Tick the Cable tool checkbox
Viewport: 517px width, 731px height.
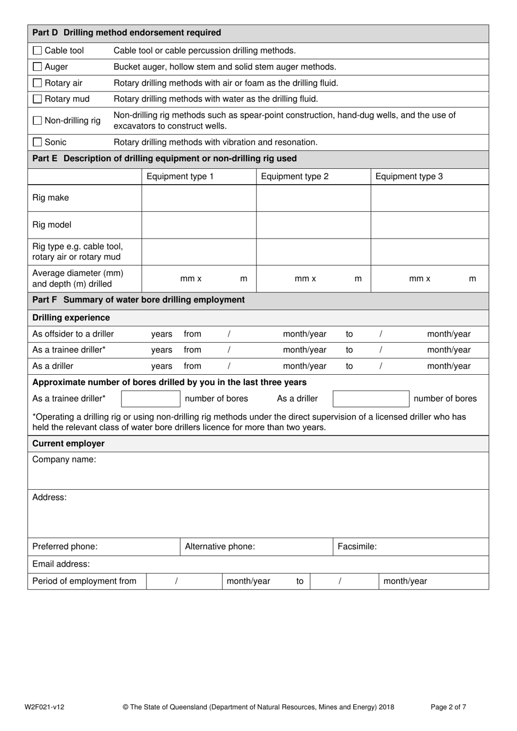(37, 51)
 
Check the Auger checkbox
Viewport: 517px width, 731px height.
(37, 66)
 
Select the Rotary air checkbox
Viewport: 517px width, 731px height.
(37, 83)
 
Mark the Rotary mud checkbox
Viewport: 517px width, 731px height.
(37, 99)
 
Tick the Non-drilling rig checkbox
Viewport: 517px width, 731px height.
(37, 120)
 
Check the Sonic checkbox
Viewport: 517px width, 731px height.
(37, 142)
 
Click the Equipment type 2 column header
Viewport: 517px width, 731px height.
(294, 176)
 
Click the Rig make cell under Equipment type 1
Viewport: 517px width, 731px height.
(199, 198)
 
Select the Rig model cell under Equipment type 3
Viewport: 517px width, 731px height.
(429, 225)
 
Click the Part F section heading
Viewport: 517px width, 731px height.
(138, 300)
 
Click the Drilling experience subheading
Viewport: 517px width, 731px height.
(71, 318)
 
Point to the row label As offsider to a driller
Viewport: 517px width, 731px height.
(73, 334)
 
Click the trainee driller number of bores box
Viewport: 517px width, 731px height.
(150, 399)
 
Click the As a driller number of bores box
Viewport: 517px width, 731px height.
(371, 399)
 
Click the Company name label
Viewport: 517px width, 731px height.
(64, 460)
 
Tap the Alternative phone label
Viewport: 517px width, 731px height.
(219, 546)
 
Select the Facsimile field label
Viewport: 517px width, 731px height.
(356, 546)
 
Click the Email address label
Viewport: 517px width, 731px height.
(61, 564)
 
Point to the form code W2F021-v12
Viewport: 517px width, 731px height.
(44, 707)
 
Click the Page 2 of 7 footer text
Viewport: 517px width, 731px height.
(448, 707)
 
